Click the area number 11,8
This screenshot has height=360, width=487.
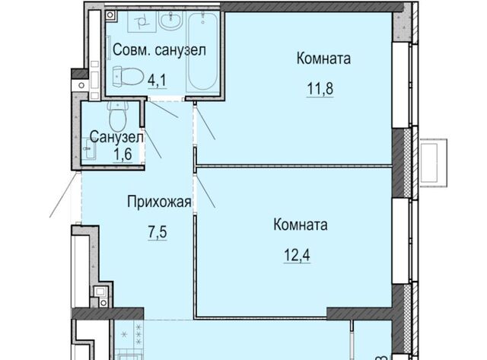point(320,88)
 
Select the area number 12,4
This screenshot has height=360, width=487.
point(297,255)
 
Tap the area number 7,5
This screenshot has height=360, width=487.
point(158,232)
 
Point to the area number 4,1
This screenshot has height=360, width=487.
point(158,81)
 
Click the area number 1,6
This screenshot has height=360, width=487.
point(123,154)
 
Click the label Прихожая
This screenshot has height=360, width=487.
point(159,202)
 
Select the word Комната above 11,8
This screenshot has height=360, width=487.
point(323,59)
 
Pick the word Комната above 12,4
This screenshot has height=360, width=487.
point(301,225)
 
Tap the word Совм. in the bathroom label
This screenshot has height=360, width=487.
point(132,49)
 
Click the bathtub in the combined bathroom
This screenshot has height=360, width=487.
point(203,51)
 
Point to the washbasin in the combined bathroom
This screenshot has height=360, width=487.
point(170,21)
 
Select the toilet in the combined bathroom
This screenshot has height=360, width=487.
point(127,76)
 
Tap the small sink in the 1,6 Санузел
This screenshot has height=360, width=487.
point(90,149)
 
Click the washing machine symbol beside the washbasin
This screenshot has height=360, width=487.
point(142,22)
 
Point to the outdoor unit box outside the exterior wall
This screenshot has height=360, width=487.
point(434,163)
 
